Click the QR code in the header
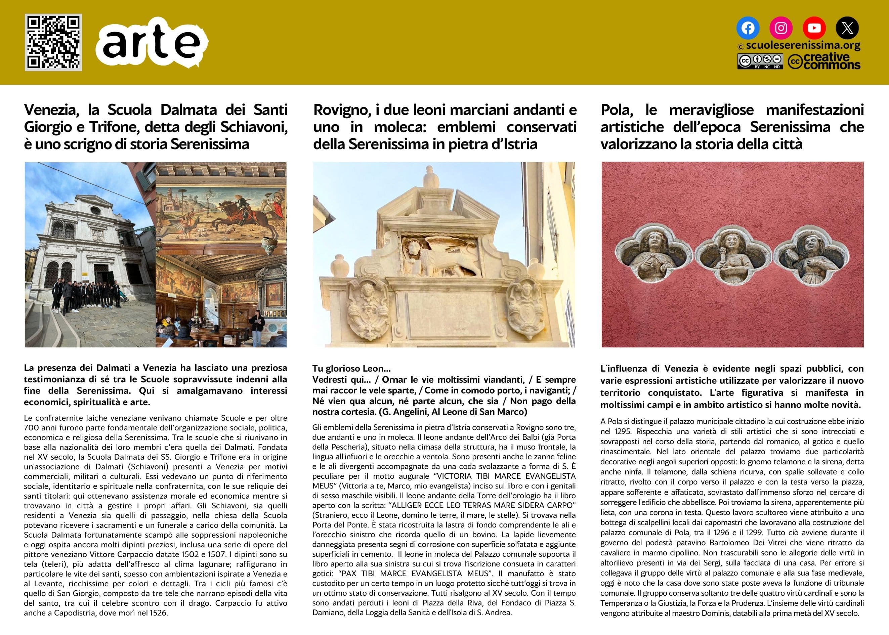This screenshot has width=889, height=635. [x=53, y=42]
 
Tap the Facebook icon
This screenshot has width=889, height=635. [x=748, y=28]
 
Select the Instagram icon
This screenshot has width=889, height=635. [x=781, y=28]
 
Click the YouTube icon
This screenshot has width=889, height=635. [x=814, y=28]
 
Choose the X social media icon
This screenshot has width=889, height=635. [x=847, y=28]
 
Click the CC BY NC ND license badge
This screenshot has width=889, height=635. [x=760, y=61]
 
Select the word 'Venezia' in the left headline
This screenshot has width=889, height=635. [x=51, y=110]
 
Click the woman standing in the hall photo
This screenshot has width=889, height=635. [x=258, y=324]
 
